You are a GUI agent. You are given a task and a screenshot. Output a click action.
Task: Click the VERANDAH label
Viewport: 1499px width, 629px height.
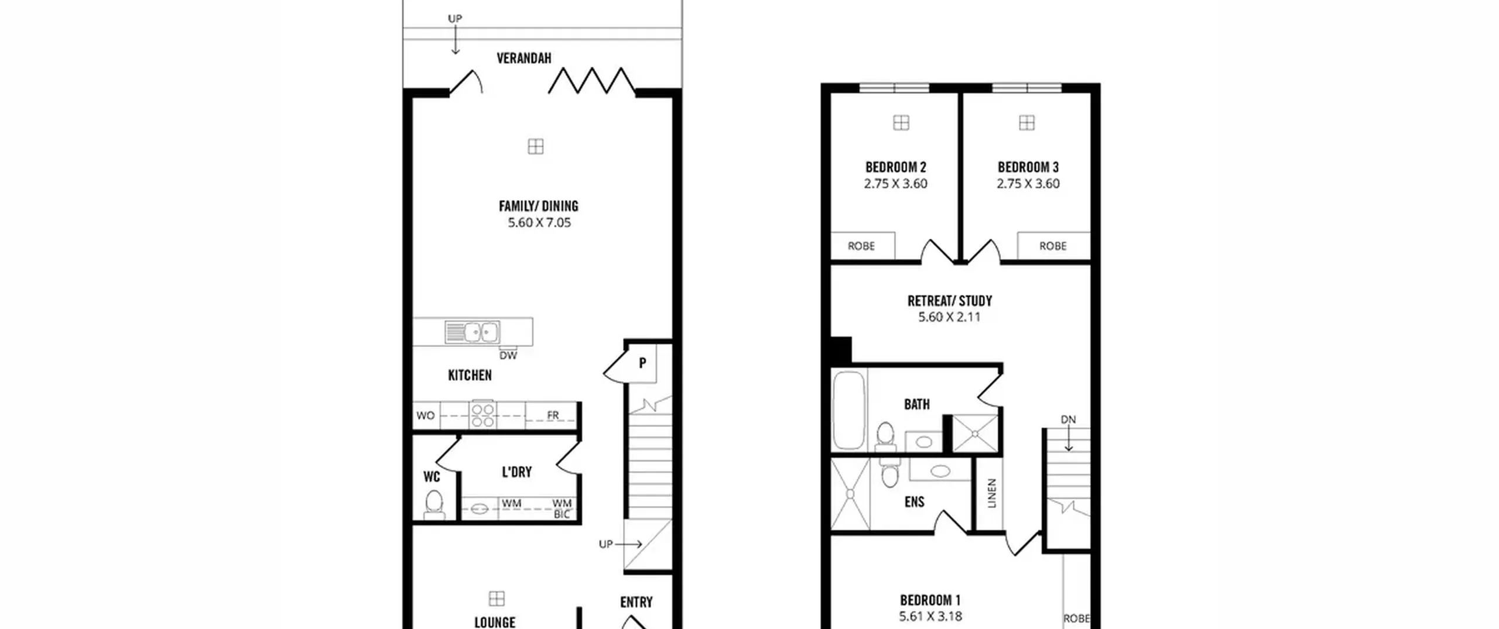coord(524,58)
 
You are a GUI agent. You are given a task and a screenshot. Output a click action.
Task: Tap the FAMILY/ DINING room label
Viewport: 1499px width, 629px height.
coord(539,206)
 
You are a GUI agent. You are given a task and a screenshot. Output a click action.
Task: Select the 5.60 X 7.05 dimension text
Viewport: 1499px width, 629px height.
coord(539,222)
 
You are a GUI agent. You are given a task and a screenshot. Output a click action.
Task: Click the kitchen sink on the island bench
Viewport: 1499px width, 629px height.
coord(472,332)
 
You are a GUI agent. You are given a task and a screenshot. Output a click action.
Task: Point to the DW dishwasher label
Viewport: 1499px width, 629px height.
coord(508,355)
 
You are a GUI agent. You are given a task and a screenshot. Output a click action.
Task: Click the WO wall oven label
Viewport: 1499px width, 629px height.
coord(426,415)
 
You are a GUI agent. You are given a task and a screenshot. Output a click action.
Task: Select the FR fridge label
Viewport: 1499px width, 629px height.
coord(553,415)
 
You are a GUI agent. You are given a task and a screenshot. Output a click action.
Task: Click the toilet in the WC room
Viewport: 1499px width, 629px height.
coord(434,505)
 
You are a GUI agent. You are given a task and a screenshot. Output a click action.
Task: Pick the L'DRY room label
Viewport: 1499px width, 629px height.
coord(517,472)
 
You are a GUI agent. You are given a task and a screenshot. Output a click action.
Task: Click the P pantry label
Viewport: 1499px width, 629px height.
coord(642,363)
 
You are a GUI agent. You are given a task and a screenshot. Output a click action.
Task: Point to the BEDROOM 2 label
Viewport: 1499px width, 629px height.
coord(896,167)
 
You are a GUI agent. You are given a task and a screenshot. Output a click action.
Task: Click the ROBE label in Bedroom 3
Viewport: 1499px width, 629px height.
coord(1053,246)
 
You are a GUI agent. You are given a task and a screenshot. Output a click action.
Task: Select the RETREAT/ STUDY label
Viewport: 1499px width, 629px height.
coord(950,301)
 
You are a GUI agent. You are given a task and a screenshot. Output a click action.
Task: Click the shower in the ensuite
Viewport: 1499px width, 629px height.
coord(850,494)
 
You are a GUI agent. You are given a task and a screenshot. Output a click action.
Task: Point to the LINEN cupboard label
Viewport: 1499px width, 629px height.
coord(992,493)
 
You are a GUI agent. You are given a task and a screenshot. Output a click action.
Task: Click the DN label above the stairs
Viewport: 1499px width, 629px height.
coord(1069,420)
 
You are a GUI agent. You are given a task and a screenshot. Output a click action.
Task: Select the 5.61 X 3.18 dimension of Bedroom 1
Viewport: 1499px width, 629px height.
coord(930,616)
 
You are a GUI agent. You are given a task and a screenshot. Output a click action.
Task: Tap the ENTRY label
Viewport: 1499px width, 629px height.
coord(636,602)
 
